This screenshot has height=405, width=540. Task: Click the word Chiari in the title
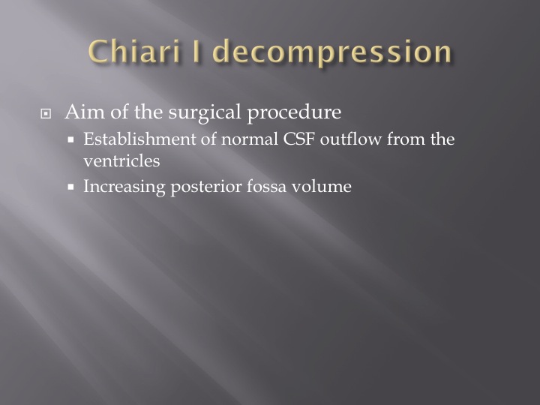pos(134,51)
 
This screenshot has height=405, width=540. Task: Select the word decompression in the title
pos(332,52)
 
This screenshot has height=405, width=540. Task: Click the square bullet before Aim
pos(46,113)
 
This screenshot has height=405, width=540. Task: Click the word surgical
pos(205,112)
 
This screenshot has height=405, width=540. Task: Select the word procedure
pos(295,112)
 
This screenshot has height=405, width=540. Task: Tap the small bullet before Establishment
pos(71,139)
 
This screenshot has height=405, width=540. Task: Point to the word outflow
pos(350,139)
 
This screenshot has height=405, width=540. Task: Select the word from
pos(406,139)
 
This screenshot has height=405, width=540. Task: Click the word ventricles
pos(121,160)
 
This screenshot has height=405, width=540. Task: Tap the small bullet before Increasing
pos(71,187)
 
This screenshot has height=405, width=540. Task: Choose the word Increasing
pos(124,187)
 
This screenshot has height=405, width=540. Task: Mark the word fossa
pos(266,186)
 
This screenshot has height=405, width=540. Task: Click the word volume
pos(321,186)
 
